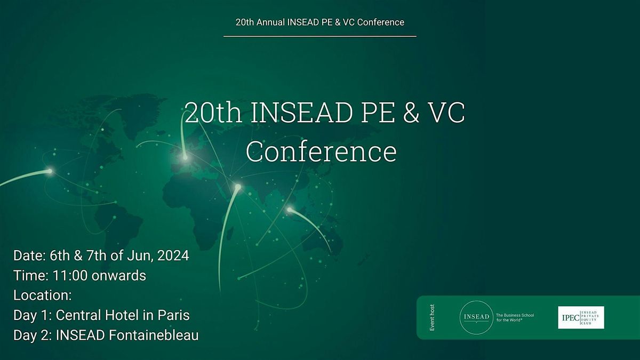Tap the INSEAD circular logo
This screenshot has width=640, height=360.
pos(476,317)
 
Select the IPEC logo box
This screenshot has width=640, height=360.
pos(581,317)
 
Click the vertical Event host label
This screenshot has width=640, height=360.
pos(433,318)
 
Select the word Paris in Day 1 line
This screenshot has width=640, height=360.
pos(173,315)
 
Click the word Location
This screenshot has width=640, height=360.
pos(41,295)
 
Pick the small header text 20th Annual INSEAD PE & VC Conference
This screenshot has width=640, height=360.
pos(320,22)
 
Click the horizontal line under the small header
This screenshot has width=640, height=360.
pos(320,36)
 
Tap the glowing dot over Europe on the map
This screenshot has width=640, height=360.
pos(185,157)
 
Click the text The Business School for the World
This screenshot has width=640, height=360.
pos(515,318)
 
